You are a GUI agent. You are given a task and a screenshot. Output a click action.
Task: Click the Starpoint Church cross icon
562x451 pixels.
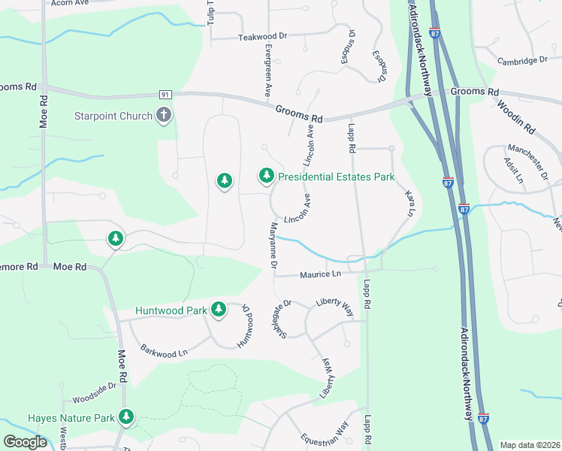[164, 116]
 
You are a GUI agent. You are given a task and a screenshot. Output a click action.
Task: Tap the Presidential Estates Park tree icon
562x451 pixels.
[266, 176]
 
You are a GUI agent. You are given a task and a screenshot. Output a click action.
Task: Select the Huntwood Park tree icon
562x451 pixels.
[219, 309]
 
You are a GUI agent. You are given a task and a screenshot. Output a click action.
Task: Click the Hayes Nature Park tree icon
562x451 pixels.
[125, 417]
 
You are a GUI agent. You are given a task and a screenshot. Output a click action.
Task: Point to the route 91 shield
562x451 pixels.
[165, 95]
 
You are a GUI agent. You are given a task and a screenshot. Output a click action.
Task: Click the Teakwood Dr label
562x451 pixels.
[263, 36]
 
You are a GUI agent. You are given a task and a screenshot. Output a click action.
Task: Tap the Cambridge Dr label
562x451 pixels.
[522, 60]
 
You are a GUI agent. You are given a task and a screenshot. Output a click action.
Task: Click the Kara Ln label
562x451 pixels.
[410, 204]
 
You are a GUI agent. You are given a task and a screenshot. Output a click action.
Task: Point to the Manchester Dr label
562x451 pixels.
[528, 161]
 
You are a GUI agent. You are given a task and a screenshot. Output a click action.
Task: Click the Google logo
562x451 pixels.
[26, 442]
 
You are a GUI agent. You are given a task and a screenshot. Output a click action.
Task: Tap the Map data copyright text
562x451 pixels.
[529, 445]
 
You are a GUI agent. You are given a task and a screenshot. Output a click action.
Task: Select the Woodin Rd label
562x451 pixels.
[516, 113]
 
